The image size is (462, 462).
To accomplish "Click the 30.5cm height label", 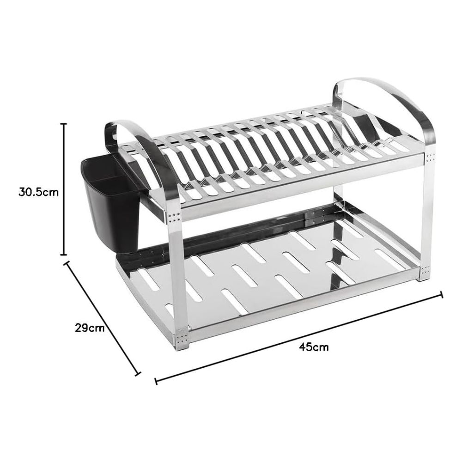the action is (39, 192).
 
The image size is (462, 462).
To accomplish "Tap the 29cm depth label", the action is (90, 328).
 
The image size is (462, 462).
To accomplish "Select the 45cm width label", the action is (314, 347).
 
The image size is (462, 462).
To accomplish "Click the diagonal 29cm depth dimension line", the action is (102, 318).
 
